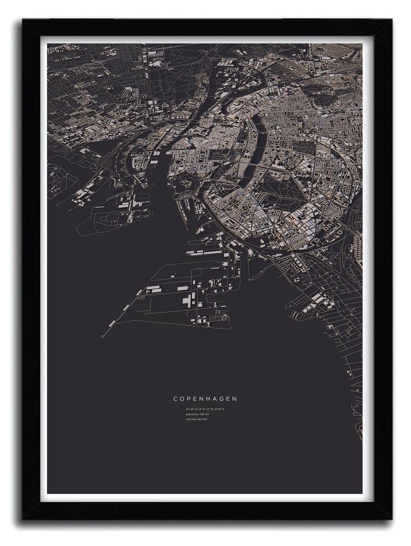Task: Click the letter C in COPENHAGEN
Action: (175, 399)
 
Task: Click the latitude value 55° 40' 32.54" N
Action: (195, 408)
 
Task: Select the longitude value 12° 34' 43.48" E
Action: (215, 408)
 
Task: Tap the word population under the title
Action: (192, 413)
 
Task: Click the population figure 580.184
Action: (204, 413)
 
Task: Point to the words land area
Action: (191, 419)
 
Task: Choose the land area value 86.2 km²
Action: (203, 419)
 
